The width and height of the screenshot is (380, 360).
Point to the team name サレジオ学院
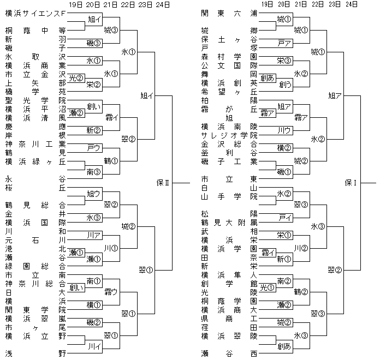coord(232,136)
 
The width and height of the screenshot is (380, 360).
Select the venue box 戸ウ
coord(93,147)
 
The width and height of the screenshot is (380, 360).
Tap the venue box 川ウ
coord(283,130)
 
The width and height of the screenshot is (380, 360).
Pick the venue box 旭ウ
coord(93,193)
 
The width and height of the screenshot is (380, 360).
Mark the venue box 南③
coord(93,171)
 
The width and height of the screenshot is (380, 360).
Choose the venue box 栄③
coord(283,61)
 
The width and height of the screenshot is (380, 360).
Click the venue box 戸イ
coord(283,217)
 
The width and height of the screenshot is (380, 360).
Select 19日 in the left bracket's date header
coord(75,4)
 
